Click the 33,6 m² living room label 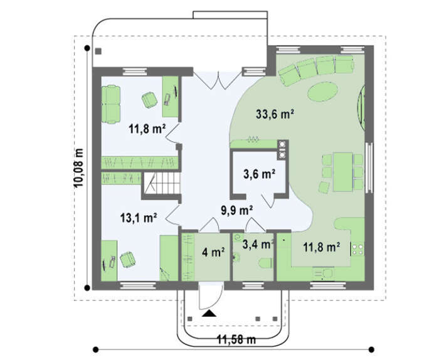(275, 114)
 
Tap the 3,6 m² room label (259, 174)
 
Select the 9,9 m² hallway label (237, 211)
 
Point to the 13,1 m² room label (139, 218)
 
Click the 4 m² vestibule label (213, 253)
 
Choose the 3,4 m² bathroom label (258, 245)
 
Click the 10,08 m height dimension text (78, 168)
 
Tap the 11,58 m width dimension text (236, 340)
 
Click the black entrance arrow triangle (209, 314)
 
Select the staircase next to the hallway (162, 183)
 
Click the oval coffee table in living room (322, 92)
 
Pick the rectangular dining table (342, 172)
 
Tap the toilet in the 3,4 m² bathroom (265, 263)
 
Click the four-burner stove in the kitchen (357, 250)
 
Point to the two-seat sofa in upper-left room (111, 104)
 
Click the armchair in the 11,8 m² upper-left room (149, 100)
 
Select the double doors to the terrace (218, 80)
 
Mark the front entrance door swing (211, 295)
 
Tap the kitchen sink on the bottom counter (323, 273)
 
